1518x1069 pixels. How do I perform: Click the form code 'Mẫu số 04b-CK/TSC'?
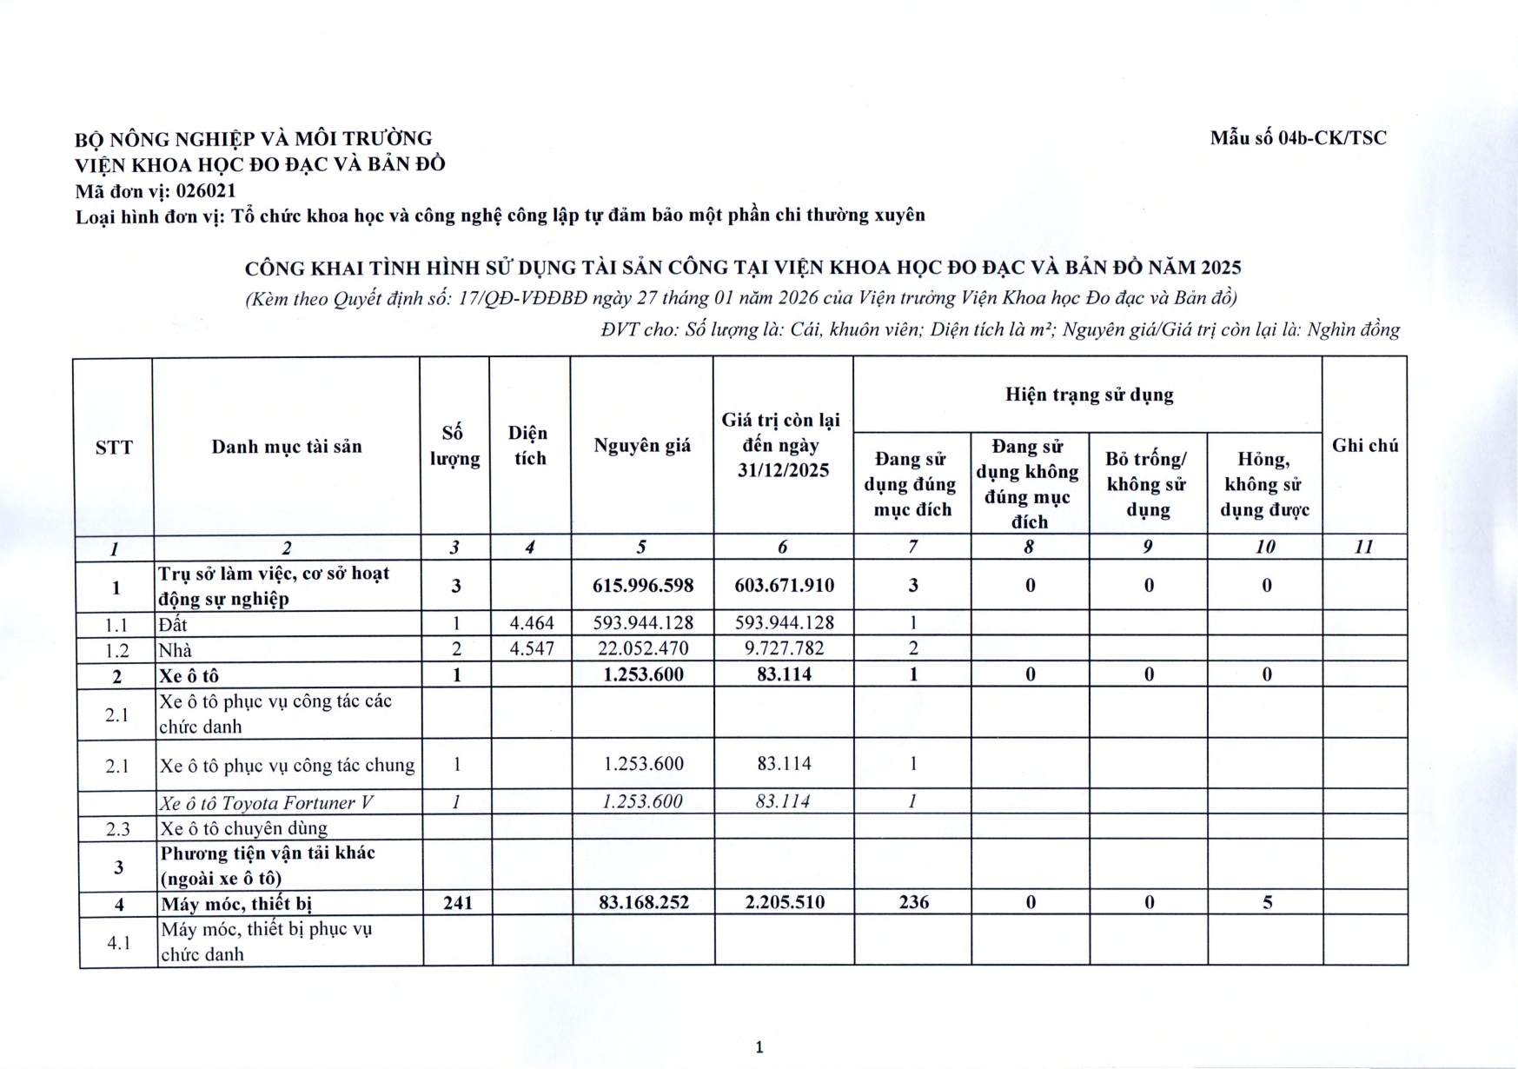(x=1298, y=137)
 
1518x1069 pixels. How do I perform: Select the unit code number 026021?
(x=206, y=190)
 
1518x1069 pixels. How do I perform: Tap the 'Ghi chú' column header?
(x=1364, y=445)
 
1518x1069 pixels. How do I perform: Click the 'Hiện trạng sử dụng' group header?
(x=1089, y=395)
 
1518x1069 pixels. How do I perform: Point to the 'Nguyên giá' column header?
(x=642, y=446)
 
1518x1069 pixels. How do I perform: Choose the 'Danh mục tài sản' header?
(x=287, y=447)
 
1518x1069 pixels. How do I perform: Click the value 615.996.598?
(x=643, y=585)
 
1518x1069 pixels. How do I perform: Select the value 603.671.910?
(x=784, y=585)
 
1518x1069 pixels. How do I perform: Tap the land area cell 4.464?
(x=532, y=622)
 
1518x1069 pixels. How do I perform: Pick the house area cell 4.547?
(x=532, y=648)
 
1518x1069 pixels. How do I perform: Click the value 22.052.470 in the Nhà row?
(x=643, y=648)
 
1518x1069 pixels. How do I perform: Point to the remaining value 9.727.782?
(x=784, y=648)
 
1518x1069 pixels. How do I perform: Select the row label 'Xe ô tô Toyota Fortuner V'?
(x=267, y=803)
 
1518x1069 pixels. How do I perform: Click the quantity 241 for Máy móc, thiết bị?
(x=457, y=902)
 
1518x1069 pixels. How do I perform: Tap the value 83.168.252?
(x=643, y=902)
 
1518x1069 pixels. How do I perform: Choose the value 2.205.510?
(x=785, y=902)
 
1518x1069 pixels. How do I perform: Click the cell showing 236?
(x=913, y=902)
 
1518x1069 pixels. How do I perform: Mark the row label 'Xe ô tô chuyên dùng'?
(x=243, y=828)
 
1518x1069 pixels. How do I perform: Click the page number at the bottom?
(x=759, y=1046)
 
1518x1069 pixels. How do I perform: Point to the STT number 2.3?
(x=117, y=828)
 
